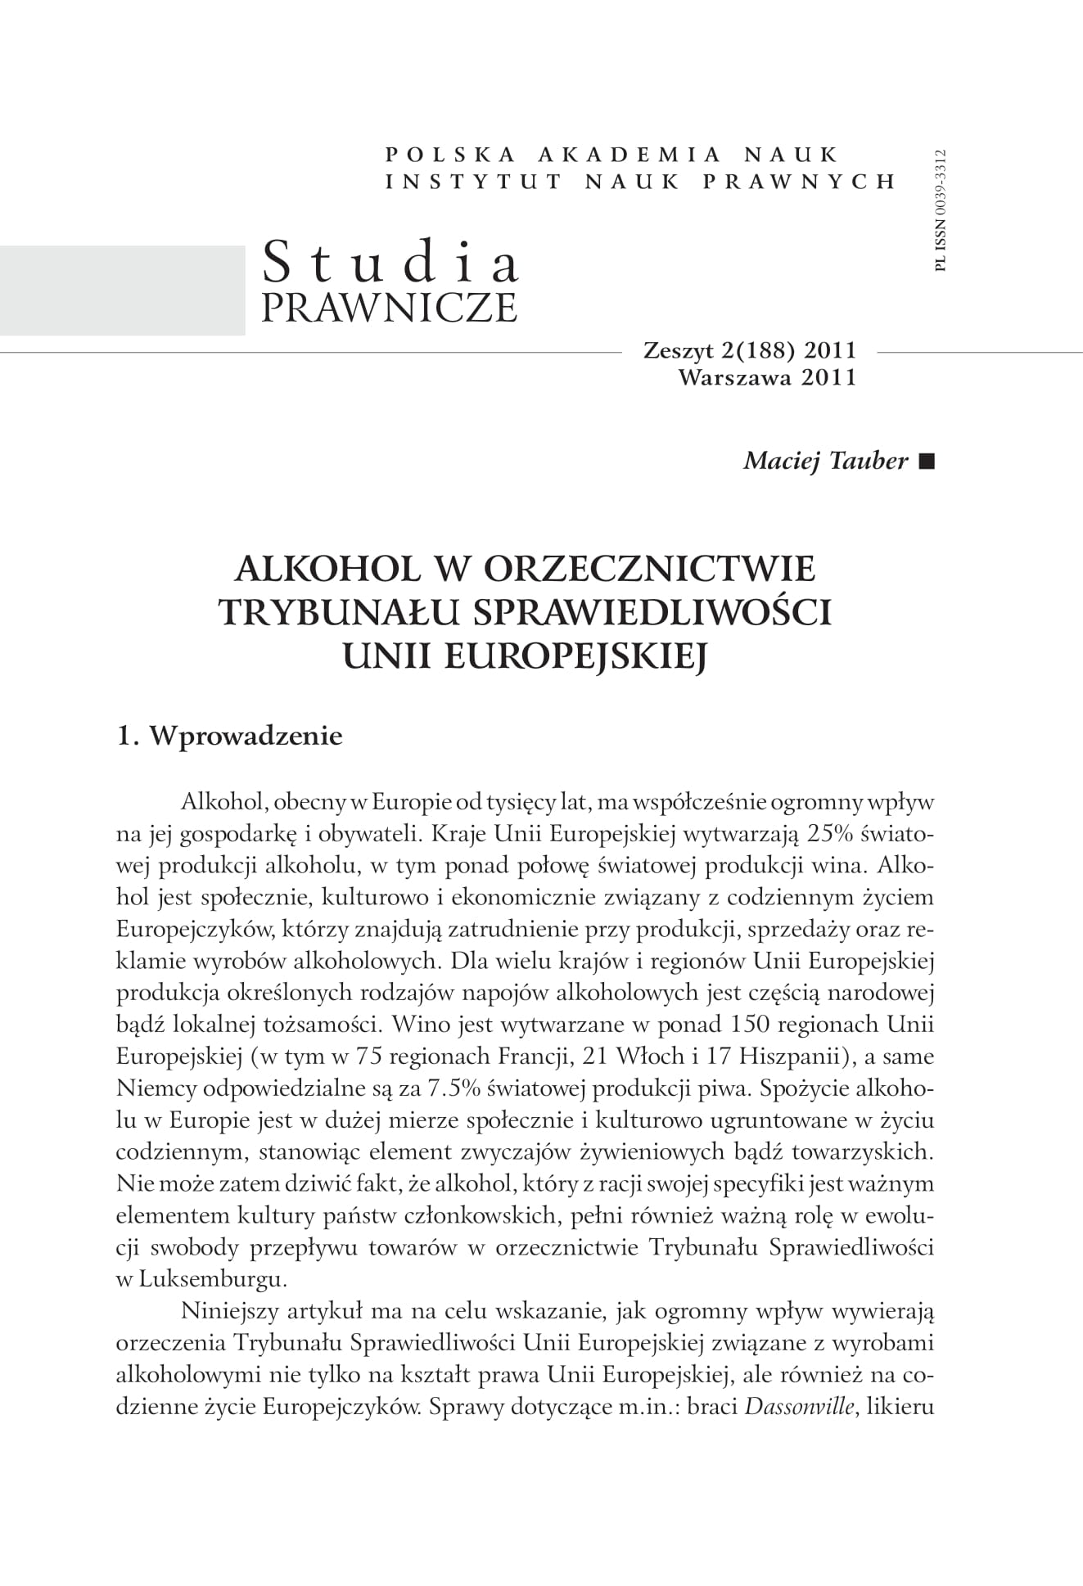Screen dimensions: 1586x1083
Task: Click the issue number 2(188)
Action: point(756,351)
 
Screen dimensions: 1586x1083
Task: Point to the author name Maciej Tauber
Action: point(825,461)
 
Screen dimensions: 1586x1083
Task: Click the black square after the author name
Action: point(926,462)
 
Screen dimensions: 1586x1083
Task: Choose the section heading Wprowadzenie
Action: point(246,736)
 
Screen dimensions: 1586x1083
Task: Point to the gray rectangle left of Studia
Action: point(122,290)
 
